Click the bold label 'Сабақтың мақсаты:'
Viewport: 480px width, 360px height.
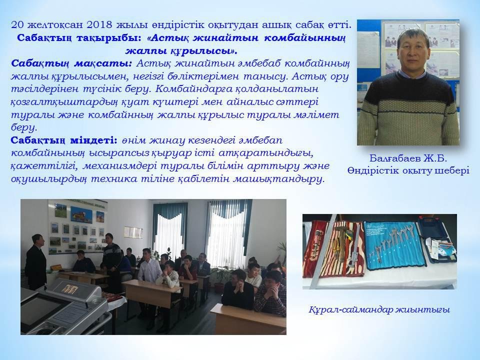71,63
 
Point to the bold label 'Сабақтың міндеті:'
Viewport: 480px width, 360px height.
64,140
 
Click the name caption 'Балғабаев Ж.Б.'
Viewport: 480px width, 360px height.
408,158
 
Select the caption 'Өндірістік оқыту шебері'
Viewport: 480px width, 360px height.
408,170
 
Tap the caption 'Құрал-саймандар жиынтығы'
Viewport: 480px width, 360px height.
379,310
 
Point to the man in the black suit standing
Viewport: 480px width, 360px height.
36,262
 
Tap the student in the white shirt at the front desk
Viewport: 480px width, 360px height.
149,265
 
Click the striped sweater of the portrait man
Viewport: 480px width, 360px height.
408,110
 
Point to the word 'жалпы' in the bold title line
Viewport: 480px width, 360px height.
143,50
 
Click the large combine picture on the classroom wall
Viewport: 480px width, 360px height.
81,214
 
